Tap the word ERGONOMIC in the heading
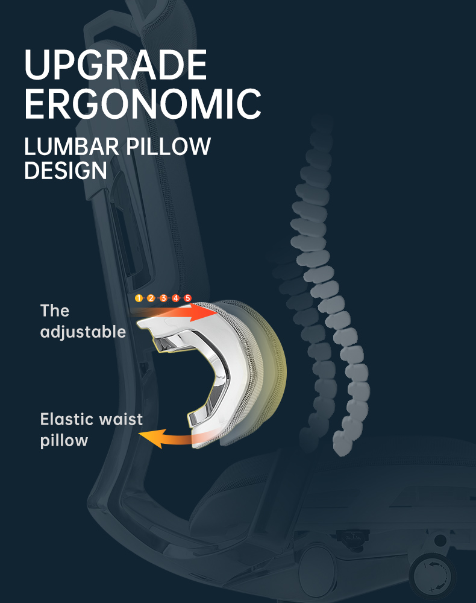tap(143, 104)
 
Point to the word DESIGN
tap(65, 171)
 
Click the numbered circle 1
tap(139, 298)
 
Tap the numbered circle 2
tap(151, 298)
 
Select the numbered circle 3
tap(163, 298)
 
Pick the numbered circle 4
tap(175, 298)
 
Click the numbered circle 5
tap(187, 298)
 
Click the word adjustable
tap(83, 332)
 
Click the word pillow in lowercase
tap(64, 441)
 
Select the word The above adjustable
tap(55, 311)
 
